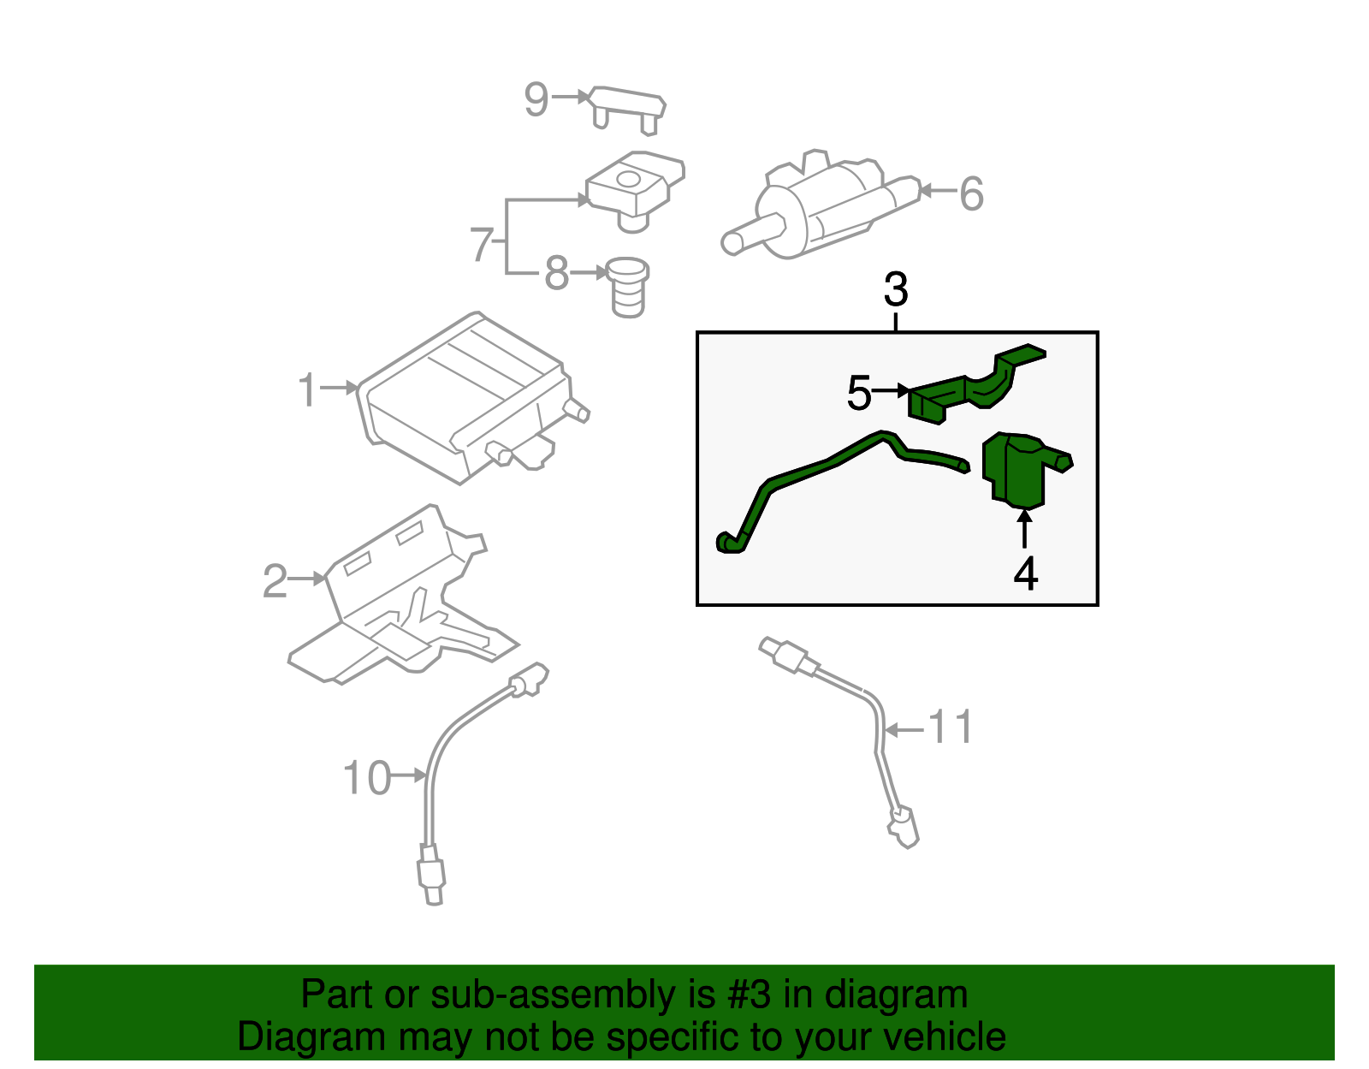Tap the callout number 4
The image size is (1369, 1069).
(1025, 573)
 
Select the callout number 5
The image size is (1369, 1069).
(858, 394)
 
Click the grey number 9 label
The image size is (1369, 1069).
(536, 99)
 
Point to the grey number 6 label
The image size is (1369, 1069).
(971, 194)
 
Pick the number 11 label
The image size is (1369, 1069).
(951, 728)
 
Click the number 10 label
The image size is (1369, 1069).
(366, 779)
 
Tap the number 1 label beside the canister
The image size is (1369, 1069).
(307, 390)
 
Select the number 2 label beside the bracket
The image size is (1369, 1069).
(275, 582)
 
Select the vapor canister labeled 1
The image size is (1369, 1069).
(462, 398)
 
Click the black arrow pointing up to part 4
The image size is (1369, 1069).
(1024, 527)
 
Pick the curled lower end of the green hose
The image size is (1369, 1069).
(729, 543)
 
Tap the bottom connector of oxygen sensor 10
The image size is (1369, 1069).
(431, 873)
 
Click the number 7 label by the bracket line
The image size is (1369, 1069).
(482, 245)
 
